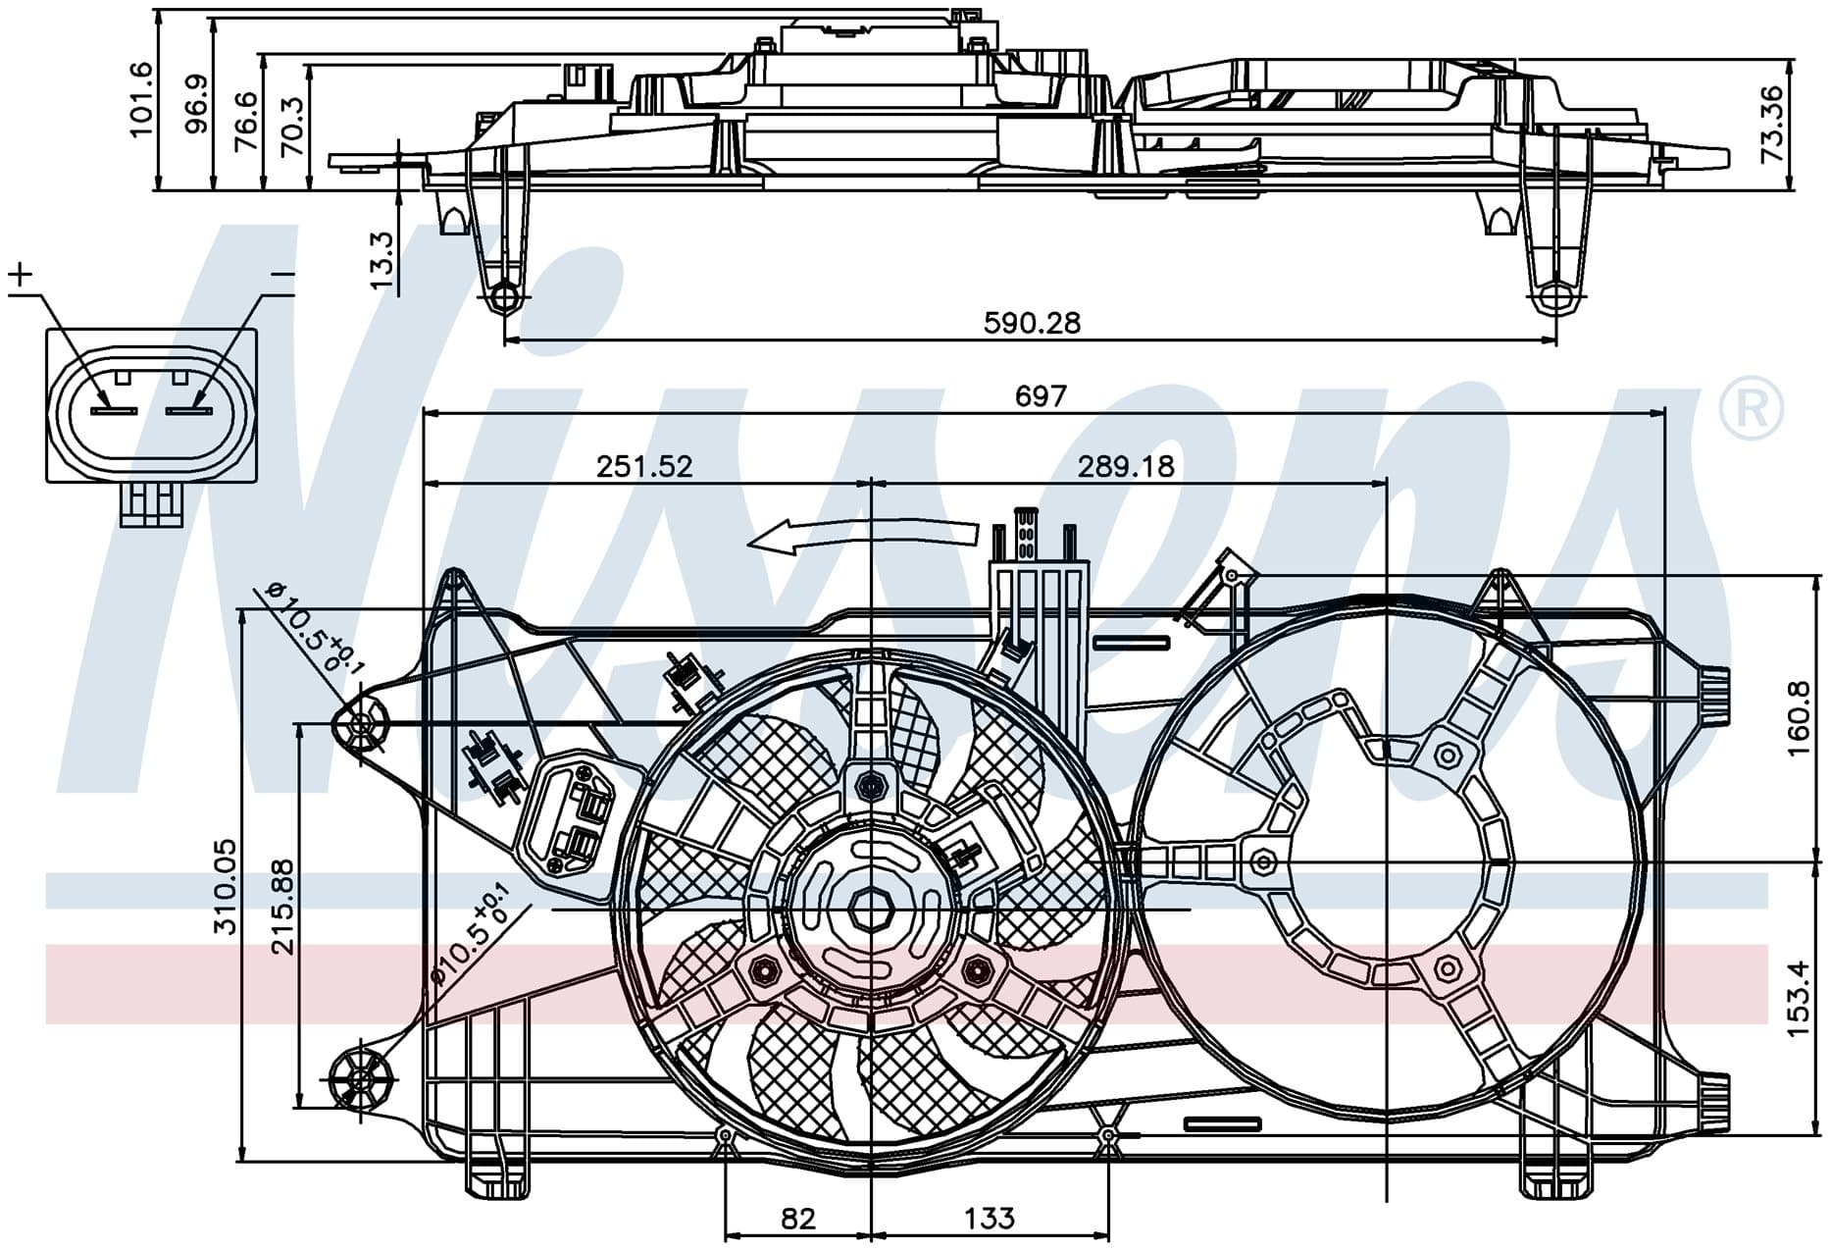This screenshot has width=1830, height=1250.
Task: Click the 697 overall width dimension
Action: [1040, 395]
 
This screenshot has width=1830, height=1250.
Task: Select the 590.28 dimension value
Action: [1032, 323]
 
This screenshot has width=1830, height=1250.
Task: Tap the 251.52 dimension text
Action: [644, 465]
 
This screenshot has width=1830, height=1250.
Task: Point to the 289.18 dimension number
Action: [1126, 465]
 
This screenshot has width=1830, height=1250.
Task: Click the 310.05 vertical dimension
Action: [226, 886]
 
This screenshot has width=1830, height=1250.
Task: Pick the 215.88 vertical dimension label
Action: [283, 908]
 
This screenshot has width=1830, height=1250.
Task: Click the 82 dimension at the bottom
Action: [798, 1219]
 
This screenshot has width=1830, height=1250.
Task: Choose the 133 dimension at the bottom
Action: [990, 1219]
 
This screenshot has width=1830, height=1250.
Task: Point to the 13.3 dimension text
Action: [382, 260]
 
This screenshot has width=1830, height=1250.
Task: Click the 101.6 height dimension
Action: [141, 98]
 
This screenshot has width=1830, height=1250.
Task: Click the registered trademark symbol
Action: [1752, 408]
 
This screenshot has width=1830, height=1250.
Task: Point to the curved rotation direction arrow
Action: [863, 535]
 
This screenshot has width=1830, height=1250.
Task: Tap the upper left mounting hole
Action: [360, 726]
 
